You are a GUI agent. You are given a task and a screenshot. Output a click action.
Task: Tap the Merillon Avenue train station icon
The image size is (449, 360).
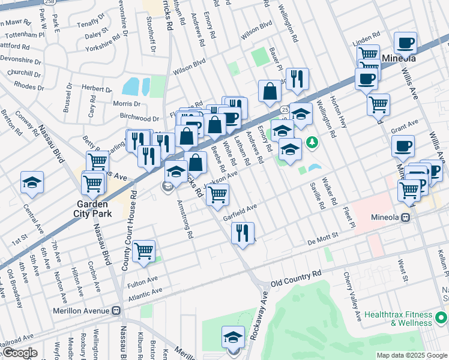point(117,311)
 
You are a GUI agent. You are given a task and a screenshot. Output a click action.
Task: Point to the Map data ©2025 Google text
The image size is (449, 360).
point(412,355)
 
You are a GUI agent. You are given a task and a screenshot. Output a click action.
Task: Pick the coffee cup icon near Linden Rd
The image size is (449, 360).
point(406,43)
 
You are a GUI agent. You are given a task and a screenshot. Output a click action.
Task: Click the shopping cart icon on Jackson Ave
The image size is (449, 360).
point(217,194)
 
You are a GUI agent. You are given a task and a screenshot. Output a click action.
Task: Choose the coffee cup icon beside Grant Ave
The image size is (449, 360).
point(403,145)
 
